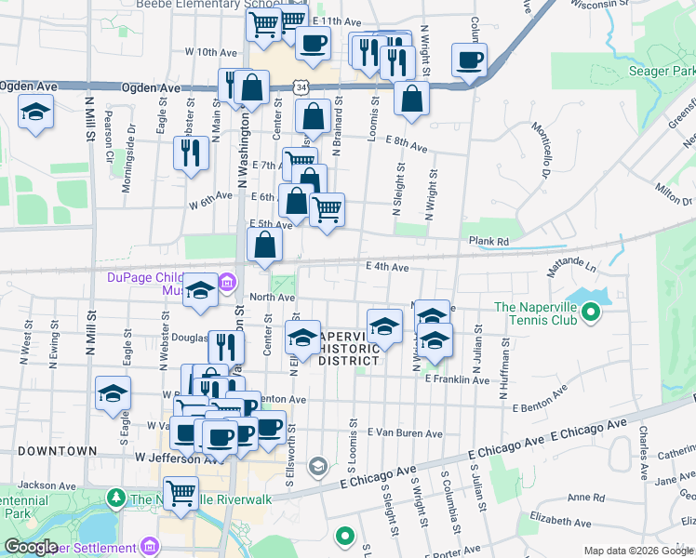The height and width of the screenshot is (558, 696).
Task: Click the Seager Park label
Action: click(x=662, y=71)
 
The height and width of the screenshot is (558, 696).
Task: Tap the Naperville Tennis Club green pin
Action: click(x=590, y=314)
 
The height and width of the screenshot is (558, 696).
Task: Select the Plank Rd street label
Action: click(x=489, y=241)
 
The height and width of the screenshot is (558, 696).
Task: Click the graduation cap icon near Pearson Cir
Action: click(x=36, y=113)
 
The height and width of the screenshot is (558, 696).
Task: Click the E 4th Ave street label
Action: click(x=387, y=267)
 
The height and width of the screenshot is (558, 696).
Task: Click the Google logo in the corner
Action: click(x=31, y=547)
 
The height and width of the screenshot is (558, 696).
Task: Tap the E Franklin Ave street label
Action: click(x=457, y=379)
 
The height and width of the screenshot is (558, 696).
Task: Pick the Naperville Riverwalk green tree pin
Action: click(x=115, y=498)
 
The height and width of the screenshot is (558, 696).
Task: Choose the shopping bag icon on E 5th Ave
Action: click(x=265, y=246)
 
